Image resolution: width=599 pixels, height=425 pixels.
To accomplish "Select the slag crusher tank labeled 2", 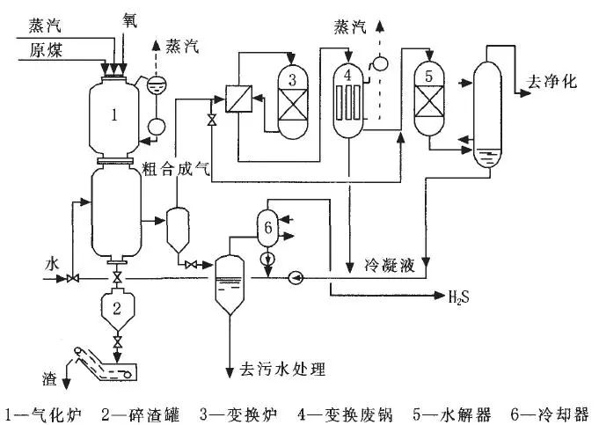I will (x=116, y=308).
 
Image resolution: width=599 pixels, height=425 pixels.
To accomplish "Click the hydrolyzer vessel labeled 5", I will (x=428, y=97).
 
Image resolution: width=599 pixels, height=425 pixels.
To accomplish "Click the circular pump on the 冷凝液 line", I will (x=296, y=279).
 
